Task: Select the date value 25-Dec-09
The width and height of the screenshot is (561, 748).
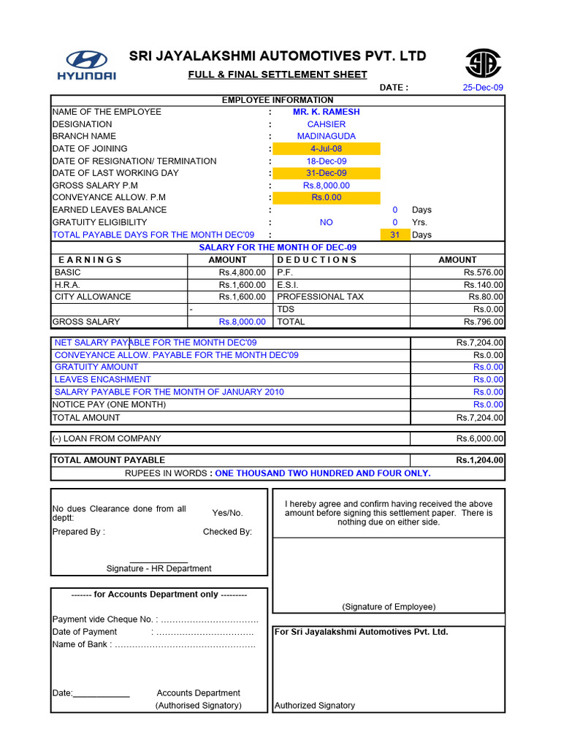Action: point(483,88)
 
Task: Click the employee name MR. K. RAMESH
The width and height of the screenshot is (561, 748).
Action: point(326,112)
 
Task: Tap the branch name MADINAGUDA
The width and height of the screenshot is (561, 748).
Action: point(327,137)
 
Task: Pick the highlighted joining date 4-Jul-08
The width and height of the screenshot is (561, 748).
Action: point(327,149)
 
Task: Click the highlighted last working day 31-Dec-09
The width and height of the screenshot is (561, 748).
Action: point(327,173)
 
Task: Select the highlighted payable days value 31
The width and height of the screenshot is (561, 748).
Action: point(395,234)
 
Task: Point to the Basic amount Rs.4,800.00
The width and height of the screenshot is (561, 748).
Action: point(242,272)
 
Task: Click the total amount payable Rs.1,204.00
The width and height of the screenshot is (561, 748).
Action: point(479,460)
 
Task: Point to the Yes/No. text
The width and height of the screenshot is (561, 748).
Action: point(227,513)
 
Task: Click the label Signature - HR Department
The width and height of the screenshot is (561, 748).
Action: point(159,568)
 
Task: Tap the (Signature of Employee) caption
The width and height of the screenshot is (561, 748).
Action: point(389,607)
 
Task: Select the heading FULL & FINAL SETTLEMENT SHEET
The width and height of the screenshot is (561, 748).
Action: point(278,75)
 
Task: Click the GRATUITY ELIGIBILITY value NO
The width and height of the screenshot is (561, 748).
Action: point(327,222)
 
